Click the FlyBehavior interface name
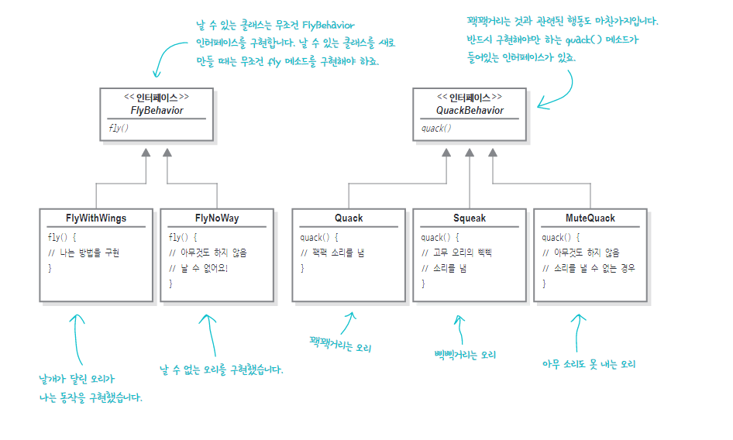click(x=157, y=110)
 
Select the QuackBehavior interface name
click(x=470, y=110)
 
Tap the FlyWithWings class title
click(x=96, y=218)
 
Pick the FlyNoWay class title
click(x=217, y=218)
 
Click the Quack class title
click(x=349, y=218)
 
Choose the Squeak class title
click(x=470, y=218)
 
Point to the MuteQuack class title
click(x=590, y=218)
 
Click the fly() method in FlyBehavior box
click(x=119, y=128)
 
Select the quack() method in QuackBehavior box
click(x=436, y=128)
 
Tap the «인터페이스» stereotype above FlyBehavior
click(x=157, y=98)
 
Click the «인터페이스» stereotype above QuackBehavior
click(x=470, y=98)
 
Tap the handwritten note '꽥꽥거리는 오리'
click(x=341, y=343)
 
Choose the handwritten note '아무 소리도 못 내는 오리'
click(x=589, y=364)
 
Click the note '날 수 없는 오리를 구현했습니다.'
click(x=222, y=370)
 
